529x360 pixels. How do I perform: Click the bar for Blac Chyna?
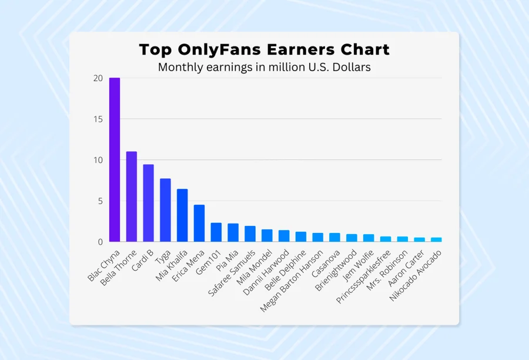115,160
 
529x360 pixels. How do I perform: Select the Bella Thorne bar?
132,196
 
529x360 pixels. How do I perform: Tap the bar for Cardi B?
149,203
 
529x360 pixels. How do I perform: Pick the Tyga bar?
166,210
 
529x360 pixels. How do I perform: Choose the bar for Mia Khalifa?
182,215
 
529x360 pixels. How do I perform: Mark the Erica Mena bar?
199,223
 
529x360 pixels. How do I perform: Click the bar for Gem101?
216,232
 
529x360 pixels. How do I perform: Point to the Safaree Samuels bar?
250,234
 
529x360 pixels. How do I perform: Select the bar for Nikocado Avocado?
436,239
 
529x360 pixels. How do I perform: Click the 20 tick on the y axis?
98,78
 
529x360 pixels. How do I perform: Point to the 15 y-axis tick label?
98,119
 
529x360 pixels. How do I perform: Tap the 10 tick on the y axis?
98,160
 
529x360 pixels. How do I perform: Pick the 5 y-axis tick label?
100,201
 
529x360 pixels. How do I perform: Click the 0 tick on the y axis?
100,242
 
